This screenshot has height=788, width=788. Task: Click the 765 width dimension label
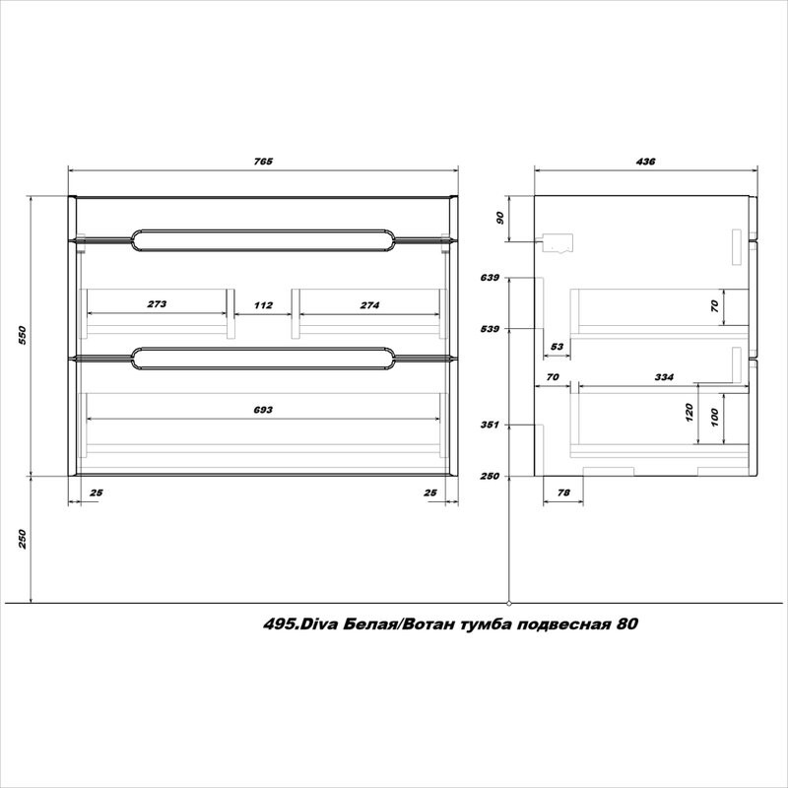pos(263,162)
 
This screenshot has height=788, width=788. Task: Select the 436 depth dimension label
pos(645,162)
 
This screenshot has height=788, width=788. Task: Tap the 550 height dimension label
pos(22,335)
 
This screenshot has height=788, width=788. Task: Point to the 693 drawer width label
pos(263,410)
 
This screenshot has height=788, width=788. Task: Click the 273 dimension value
pos(157,304)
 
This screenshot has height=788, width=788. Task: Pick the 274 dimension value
pos(369,305)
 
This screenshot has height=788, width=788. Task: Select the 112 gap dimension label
pos(263,305)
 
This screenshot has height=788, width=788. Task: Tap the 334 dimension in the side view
pos(663,377)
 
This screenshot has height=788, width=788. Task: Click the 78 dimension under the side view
pos(563,492)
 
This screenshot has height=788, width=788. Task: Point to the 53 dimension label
pos(557,347)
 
